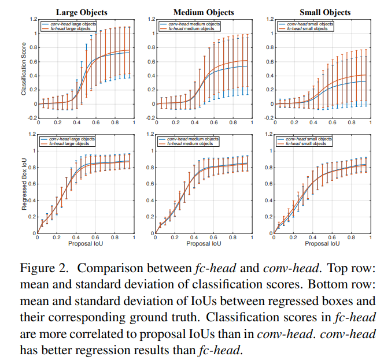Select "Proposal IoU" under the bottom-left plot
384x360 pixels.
click(86, 243)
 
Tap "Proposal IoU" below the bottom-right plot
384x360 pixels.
click(319, 243)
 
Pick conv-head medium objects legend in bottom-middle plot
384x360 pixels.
click(191, 139)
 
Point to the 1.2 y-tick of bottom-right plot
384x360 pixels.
click(264, 134)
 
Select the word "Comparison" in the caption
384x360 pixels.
click(105, 268)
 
